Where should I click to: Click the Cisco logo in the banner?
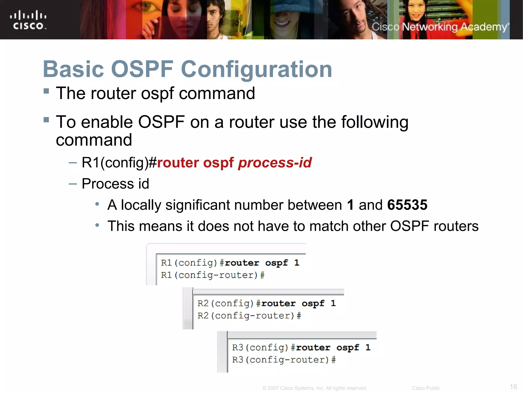[x=28, y=20]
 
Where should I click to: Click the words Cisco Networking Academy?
[x=440, y=27]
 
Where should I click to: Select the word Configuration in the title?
[x=256, y=70]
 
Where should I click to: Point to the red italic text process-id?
[x=275, y=162]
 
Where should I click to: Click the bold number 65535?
[x=407, y=205]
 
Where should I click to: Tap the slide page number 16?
[x=513, y=387]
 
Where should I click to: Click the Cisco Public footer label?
[x=426, y=388]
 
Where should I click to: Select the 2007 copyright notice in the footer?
[x=315, y=388]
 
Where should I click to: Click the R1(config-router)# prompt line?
[x=212, y=275]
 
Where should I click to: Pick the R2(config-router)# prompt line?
[x=249, y=316]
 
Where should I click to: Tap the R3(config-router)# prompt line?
[x=284, y=360]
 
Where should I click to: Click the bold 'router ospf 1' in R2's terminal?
[x=298, y=303]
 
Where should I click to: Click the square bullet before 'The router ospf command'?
[x=46, y=91]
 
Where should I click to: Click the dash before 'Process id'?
[x=73, y=184]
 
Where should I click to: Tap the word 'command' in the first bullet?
[x=217, y=93]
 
